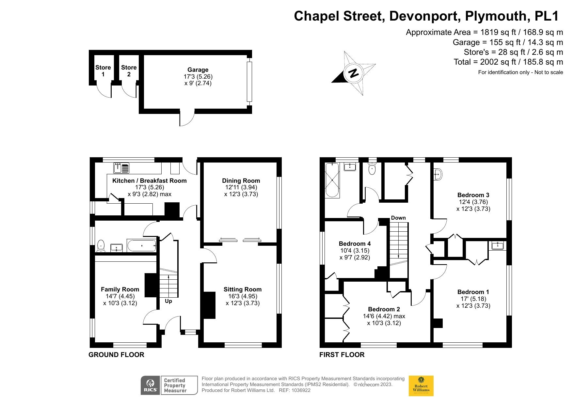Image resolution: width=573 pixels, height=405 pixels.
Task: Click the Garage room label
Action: tap(198, 70)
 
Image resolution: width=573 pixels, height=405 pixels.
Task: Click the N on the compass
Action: tap(353, 73)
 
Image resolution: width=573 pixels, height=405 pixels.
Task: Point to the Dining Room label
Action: tap(241, 180)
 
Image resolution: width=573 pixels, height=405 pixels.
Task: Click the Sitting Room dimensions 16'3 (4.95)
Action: tap(242, 296)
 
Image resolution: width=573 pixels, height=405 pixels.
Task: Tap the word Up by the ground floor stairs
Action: tap(168, 301)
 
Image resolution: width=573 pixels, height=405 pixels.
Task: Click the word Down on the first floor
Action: tap(398, 218)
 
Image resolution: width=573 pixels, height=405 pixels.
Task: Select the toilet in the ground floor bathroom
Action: tap(101, 246)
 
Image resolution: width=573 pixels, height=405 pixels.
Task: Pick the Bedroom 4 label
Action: tap(355, 243)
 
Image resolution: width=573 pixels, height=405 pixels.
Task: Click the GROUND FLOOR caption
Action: tap(116, 355)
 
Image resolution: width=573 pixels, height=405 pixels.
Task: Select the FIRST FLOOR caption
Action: tap(342, 355)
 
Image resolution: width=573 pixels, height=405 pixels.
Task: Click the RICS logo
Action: tap(151, 385)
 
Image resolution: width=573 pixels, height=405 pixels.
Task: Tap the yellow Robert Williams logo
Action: tap(421, 386)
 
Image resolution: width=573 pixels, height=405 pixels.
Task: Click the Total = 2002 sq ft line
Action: tap(508, 62)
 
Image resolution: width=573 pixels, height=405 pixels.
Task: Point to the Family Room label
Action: tap(120, 289)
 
